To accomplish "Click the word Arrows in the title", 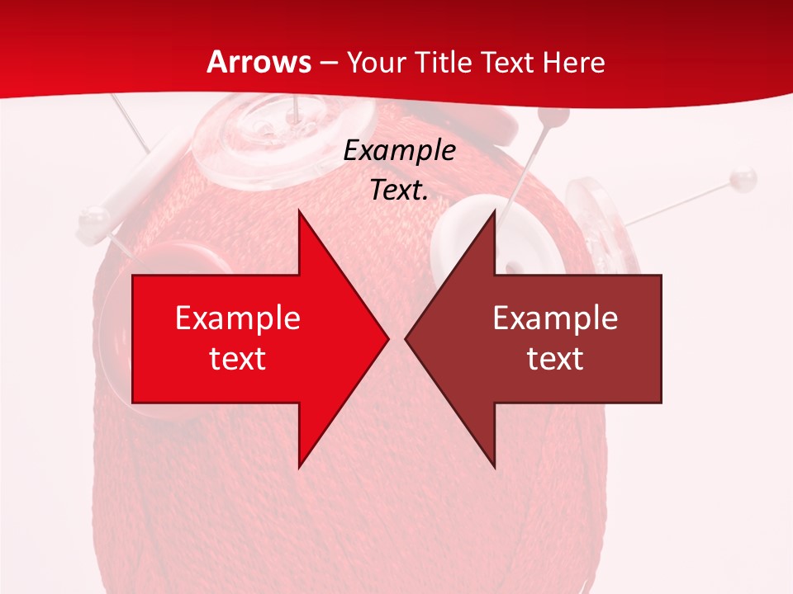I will click(x=259, y=62).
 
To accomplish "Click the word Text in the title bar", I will click(x=507, y=63).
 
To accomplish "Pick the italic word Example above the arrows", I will click(x=399, y=151).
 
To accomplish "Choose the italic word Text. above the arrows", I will click(x=399, y=191).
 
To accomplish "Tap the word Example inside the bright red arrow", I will click(x=238, y=318).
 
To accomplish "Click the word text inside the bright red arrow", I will click(x=238, y=358).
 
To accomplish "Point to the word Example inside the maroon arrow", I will click(x=555, y=318).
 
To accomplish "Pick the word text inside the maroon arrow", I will click(x=555, y=358).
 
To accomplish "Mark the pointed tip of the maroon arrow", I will click(x=407, y=338).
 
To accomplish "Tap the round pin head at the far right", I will click(x=744, y=177).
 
